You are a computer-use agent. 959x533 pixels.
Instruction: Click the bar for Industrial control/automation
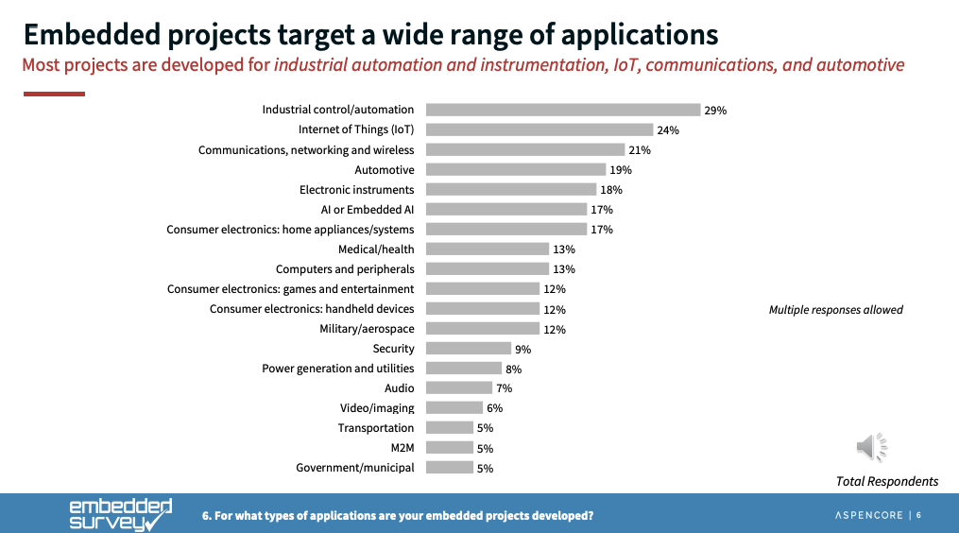point(562,110)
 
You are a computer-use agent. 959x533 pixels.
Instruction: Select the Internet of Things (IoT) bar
point(539,129)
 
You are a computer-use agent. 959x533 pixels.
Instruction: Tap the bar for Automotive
point(515,170)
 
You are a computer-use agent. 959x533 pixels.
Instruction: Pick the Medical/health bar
point(487,249)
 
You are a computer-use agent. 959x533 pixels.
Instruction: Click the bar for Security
point(468,349)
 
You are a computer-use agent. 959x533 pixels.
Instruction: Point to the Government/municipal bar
point(449,468)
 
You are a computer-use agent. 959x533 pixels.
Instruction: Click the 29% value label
point(715,111)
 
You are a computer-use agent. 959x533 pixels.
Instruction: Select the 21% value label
point(640,150)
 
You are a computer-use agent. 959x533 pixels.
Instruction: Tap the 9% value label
point(522,350)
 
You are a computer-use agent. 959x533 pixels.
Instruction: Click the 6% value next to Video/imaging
point(494,408)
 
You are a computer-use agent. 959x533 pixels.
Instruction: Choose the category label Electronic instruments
point(356,190)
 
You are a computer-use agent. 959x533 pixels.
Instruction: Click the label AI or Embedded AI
point(368,210)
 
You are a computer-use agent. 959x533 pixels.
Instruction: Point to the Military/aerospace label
point(367,329)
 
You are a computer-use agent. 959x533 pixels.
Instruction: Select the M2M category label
point(402,448)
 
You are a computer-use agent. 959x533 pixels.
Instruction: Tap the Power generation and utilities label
point(337,369)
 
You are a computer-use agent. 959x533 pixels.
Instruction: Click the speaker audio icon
point(870,447)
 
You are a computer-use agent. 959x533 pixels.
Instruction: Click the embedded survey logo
point(121,514)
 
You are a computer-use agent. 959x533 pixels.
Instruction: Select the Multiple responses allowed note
point(835,310)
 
